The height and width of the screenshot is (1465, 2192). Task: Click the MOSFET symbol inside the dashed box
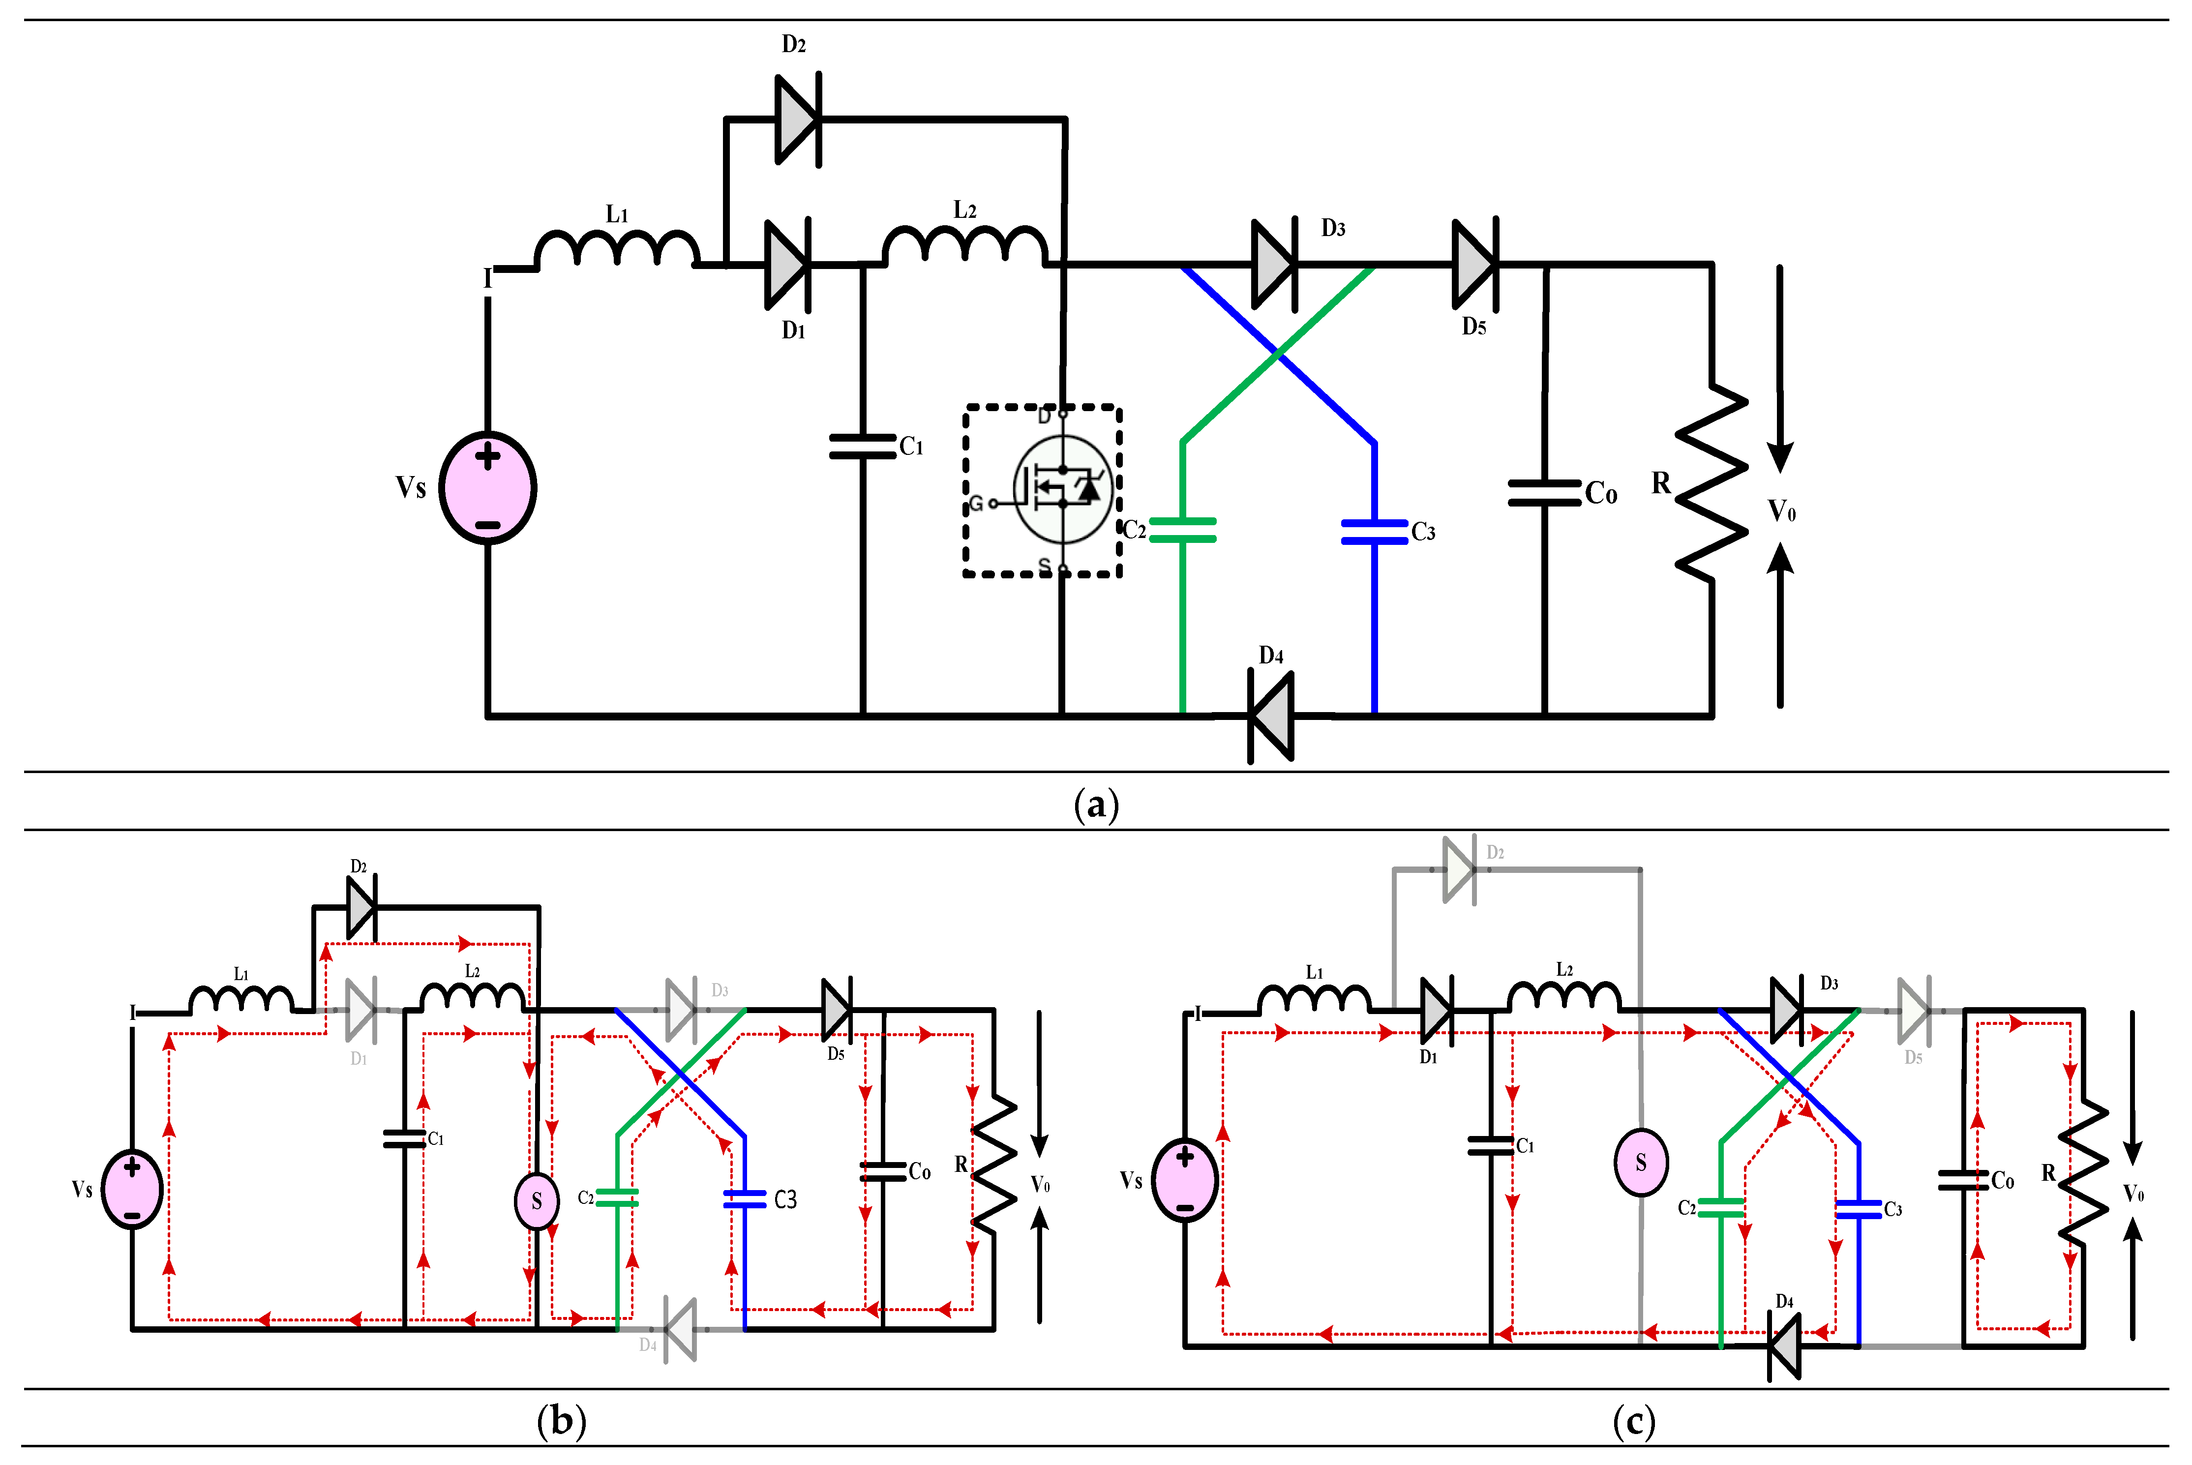pos(1062,489)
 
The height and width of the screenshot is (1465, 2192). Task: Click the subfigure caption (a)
pos(1096,804)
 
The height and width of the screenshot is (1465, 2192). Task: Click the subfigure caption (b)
pos(562,1420)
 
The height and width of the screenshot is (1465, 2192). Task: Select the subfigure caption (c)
pos(1633,1420)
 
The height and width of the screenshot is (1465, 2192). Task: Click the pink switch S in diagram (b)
pos(537,1200)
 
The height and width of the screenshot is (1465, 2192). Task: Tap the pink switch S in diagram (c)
pos(1641,1162)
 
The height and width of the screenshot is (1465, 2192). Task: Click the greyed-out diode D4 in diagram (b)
pos(680,1328)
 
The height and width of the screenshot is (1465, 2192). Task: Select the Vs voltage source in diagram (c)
pos(1185,1181)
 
